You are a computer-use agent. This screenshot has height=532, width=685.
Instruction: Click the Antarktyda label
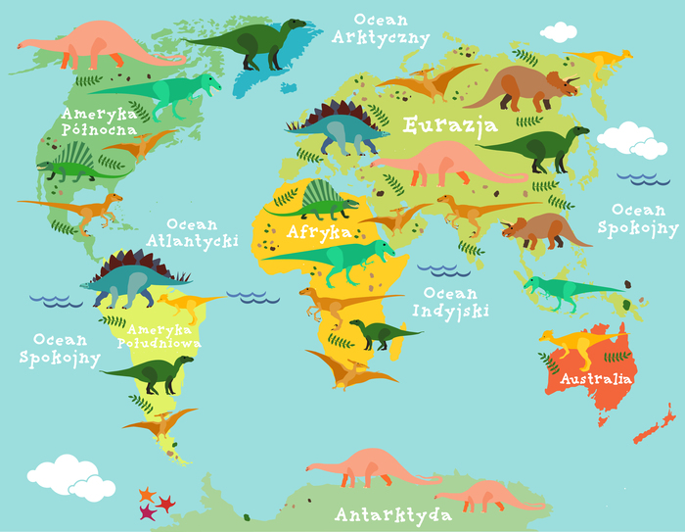click(x=392, y=514)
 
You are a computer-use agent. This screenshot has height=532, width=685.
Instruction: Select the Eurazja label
click(x=450, y=125)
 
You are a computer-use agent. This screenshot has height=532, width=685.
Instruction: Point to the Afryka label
click(x=320, y=232)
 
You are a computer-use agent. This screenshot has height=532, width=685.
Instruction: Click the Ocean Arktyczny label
click(x=380, y=28)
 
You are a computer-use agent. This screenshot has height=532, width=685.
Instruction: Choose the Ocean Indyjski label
click(x=444, y=302)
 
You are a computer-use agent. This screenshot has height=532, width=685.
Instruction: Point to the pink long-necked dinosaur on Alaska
click(x=93, y=43)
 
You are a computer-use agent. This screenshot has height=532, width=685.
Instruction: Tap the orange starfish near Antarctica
click(x=147, y=493)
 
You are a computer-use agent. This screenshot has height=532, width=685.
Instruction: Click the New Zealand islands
click(x=655, y=428)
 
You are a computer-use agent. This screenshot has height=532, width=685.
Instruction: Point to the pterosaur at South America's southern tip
click(x=160, y=424)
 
